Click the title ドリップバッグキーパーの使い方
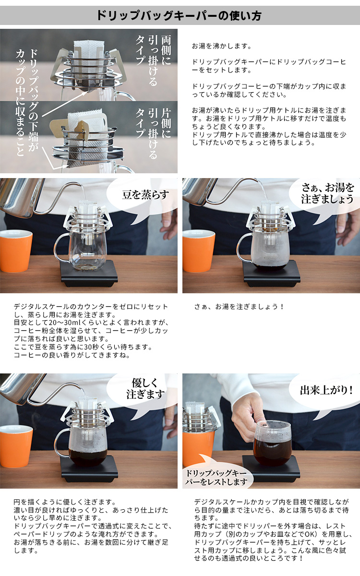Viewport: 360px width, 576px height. [179, 16]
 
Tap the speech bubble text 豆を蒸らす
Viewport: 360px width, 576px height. [145, 195]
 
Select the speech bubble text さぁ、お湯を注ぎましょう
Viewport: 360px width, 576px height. [327, 193]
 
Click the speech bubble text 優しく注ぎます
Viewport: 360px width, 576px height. [145, 388]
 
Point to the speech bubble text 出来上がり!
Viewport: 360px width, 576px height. [326, 390]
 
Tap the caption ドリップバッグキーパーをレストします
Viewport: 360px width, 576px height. [216, 478]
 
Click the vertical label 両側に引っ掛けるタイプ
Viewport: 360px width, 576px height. [153, 60]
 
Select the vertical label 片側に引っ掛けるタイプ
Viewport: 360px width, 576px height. [153, 133]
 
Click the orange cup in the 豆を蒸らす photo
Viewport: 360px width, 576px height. [15, 251]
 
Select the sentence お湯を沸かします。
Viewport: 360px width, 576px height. [222, 46]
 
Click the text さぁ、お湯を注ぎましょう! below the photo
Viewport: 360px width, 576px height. [239, 307]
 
